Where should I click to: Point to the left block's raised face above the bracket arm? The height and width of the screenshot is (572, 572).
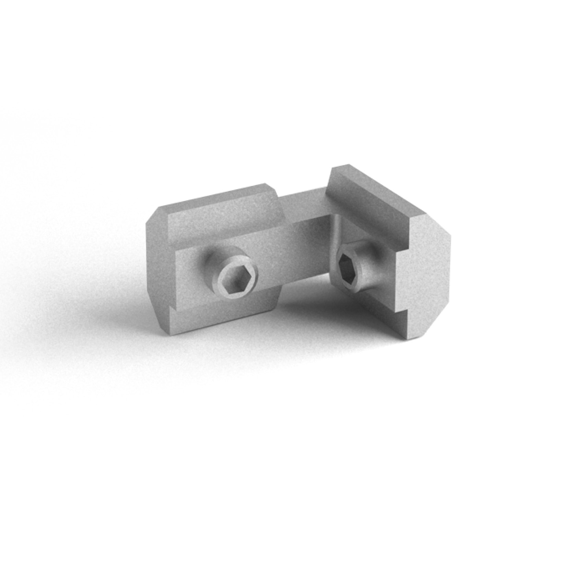223,220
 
